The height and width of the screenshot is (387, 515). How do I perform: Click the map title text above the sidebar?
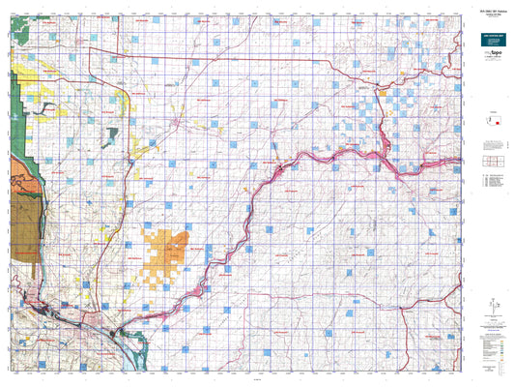tap(482, 9)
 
